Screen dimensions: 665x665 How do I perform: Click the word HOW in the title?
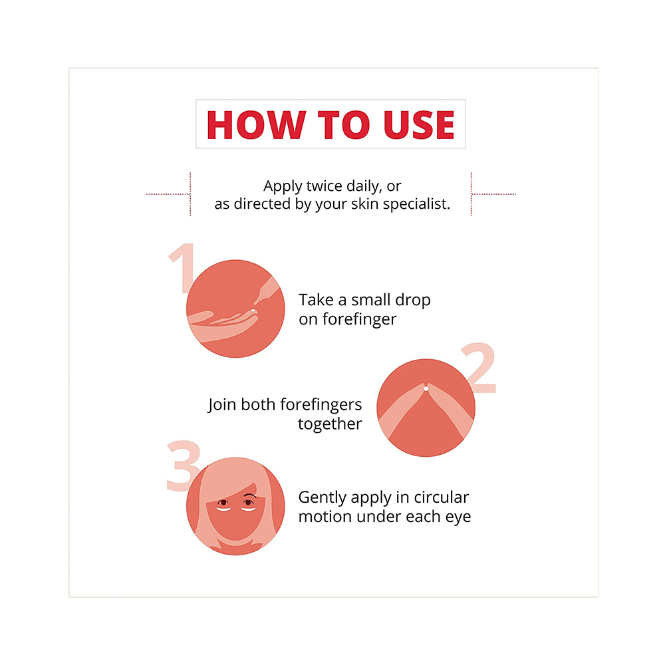tap(256, 125)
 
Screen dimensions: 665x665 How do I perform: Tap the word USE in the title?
tap(419, 125)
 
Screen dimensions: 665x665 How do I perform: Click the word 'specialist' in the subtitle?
tap(416, 204)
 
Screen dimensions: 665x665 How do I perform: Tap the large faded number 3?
tap(184, 465)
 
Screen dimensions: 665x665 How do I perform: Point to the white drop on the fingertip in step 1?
tap(253, 311)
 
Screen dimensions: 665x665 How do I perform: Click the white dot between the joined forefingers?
tap(426, 388)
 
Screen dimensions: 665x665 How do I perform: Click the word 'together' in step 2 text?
tap(330, 424)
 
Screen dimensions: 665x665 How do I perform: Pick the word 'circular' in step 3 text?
tap(442, 497)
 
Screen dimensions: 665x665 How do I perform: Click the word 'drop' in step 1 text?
tap(413, 301)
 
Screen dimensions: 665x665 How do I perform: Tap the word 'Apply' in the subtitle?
tap(283, 186)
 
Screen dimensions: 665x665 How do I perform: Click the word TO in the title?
tap(344, 125)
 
